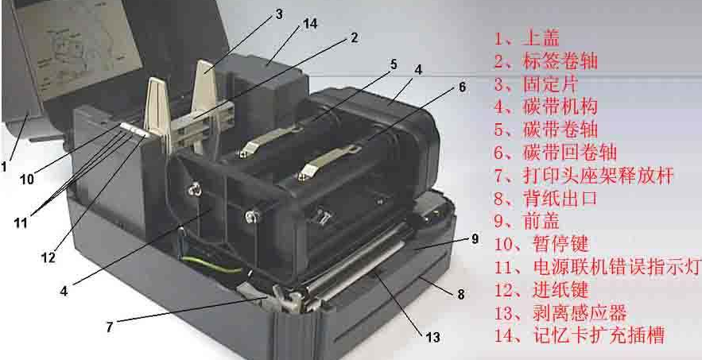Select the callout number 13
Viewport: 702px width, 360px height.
[432, 337]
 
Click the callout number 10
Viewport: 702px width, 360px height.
[27, 180]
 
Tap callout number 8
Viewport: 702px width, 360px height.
[460, 294]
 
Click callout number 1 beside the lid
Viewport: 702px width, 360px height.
[4, 167]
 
